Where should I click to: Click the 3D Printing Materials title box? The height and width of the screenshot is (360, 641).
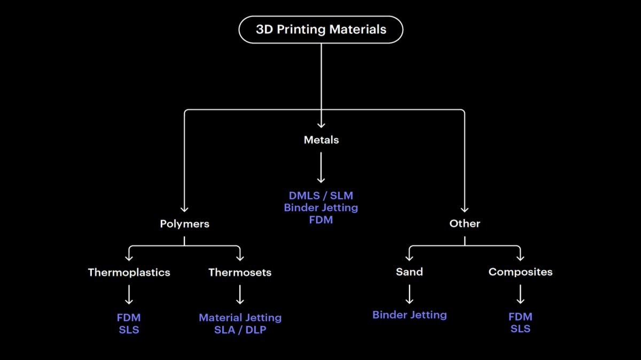coord(320,29)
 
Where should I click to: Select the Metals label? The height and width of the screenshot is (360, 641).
coord(321,140)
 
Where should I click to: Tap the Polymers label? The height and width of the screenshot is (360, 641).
coord(184,224)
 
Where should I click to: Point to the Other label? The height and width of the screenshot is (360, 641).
coord(465,223)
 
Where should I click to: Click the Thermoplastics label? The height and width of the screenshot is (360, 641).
coord(129,272)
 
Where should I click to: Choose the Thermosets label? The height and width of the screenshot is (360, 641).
coord(240,272)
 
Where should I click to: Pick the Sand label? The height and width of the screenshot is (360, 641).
coord(409,272)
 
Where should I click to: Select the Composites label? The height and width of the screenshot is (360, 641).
coord(520,272)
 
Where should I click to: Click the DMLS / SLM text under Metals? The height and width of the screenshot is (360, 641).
coord(321,195)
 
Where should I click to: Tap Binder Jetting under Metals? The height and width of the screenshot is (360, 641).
coord(321,208)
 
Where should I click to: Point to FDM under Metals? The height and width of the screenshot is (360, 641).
coord(321,220)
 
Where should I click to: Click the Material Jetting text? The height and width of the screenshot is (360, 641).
coord(240,318)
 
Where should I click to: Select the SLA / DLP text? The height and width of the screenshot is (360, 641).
coord(240,330)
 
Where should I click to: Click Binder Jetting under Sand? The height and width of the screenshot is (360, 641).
coord(409,315)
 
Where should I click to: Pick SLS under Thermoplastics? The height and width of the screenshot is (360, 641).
coord(129,330)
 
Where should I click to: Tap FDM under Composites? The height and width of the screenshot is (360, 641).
coord(520,317)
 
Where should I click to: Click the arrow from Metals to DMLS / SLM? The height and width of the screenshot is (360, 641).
coord(321,168)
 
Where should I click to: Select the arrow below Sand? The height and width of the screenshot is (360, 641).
coord(409,294)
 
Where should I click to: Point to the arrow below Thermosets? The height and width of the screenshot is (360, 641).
coord(240,294)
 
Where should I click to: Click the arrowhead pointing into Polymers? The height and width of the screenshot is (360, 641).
coord(184,209)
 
